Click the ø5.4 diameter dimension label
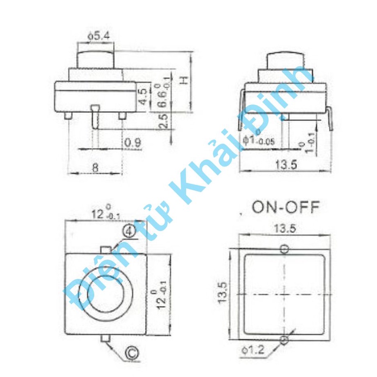(96, 34)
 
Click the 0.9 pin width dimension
(132, 143)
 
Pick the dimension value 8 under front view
(95, 167)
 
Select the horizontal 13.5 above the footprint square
(285, 229)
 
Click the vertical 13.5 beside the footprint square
(222, 293)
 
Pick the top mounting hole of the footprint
(285, 249)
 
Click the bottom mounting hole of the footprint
(285, 340)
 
